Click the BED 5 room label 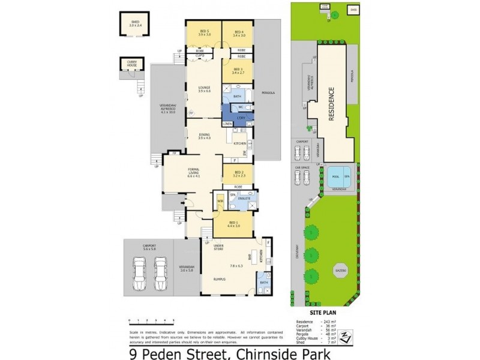pos(204,32)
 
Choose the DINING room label pos(204,136)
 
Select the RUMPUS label pos(216,279)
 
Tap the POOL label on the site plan pos(335,176)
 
